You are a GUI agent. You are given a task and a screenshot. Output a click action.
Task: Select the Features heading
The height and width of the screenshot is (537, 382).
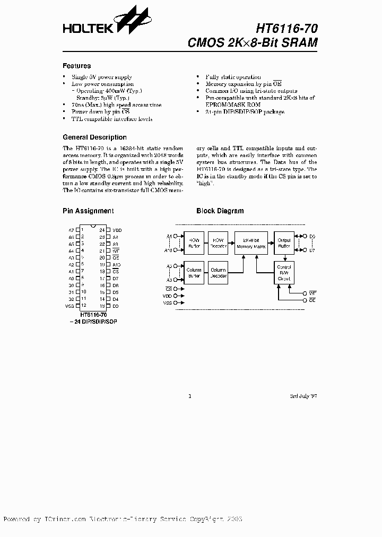coord(76,66)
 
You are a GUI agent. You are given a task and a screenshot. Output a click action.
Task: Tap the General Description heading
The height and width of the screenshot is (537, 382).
coord(94,137)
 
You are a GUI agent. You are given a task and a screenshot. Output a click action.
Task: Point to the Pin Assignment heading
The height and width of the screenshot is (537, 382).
coord(88,211)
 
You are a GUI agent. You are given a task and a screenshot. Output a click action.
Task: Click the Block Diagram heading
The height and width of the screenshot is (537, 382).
coord(220,211)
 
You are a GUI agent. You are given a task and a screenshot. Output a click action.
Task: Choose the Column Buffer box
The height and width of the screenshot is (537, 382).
coord(194,273)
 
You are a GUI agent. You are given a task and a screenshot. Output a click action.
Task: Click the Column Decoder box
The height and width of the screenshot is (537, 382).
coord(218,273)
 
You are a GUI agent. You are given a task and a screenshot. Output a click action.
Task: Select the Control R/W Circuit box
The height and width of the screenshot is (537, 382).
coord(284,273)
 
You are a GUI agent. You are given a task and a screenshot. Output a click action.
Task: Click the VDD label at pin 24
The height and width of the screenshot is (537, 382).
coord(117,230)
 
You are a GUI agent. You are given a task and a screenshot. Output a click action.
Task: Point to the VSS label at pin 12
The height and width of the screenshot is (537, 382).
coord(70,306)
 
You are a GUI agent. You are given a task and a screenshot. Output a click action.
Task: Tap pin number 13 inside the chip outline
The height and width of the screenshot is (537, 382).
coord(102,306)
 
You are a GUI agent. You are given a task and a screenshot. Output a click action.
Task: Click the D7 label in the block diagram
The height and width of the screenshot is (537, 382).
coord(312,249)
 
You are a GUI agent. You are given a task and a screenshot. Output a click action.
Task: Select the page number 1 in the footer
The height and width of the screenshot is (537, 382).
coord(190,396)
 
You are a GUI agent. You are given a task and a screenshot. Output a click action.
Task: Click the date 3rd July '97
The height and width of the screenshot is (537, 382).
coord(303,396)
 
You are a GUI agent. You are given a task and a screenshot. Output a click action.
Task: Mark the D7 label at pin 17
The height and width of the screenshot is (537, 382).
coord(116,278)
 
